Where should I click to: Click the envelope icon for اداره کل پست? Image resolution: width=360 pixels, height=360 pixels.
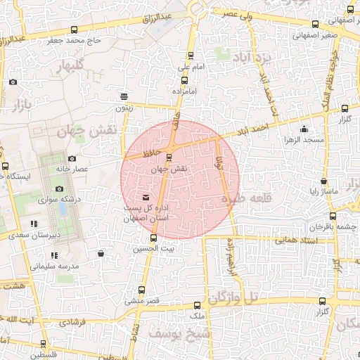point(146,198)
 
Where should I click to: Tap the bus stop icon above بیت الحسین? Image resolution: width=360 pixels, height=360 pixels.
point(153,238)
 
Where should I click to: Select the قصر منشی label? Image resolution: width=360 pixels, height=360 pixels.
point(134,300)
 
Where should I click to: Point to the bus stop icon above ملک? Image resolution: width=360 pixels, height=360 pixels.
point(196,306)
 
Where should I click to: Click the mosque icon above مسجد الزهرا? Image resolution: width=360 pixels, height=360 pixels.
point(304,129)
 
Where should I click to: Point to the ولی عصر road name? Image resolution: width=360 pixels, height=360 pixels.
point(239,13)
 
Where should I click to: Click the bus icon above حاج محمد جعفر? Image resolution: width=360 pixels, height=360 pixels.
point(75,30)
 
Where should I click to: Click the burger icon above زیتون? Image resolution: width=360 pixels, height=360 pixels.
point(124,97)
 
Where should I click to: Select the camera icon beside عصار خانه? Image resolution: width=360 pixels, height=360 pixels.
point(72,158)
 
